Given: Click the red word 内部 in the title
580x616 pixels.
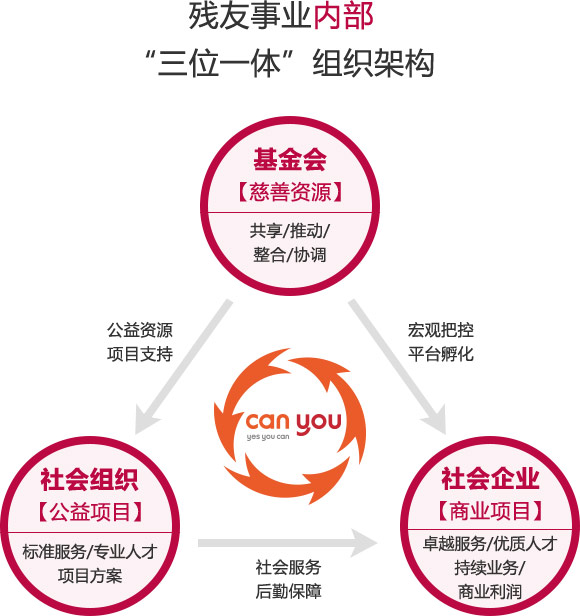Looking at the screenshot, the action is (x=343, y=16).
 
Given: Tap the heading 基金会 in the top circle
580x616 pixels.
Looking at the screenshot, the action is (x=290, y=160).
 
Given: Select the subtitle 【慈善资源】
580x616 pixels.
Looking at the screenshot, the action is (x=290, y=192).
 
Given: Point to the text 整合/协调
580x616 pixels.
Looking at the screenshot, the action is (x=290, y=255).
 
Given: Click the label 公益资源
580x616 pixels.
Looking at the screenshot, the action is (x=140, y=330).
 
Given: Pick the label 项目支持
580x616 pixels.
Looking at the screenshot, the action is (x=140, y=354).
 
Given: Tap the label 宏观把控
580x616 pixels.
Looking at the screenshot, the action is (x=441, y=330).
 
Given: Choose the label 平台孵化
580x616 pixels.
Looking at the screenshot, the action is (x=441, y=354).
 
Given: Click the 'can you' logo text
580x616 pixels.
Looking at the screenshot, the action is (x=294, y=423).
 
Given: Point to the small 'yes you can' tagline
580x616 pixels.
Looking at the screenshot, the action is (x=268, y=437).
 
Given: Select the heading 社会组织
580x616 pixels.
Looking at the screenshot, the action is (x=90, y=479).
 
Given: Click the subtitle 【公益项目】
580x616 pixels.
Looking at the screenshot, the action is (x=90, y=512).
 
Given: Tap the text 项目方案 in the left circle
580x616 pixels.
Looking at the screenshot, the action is (x=90, y=576).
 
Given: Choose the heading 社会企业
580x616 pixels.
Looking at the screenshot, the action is (x=490, y=478).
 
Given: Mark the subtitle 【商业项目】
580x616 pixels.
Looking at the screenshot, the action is (x=490, y=511).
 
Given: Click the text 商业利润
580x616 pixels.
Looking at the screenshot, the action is (x=490, y=592).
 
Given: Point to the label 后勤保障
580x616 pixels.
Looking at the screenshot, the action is (x=289, y=591).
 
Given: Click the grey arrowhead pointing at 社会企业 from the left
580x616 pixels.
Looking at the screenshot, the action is (x=363, y=543).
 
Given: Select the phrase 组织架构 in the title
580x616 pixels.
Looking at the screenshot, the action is (x=373, y=63).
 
